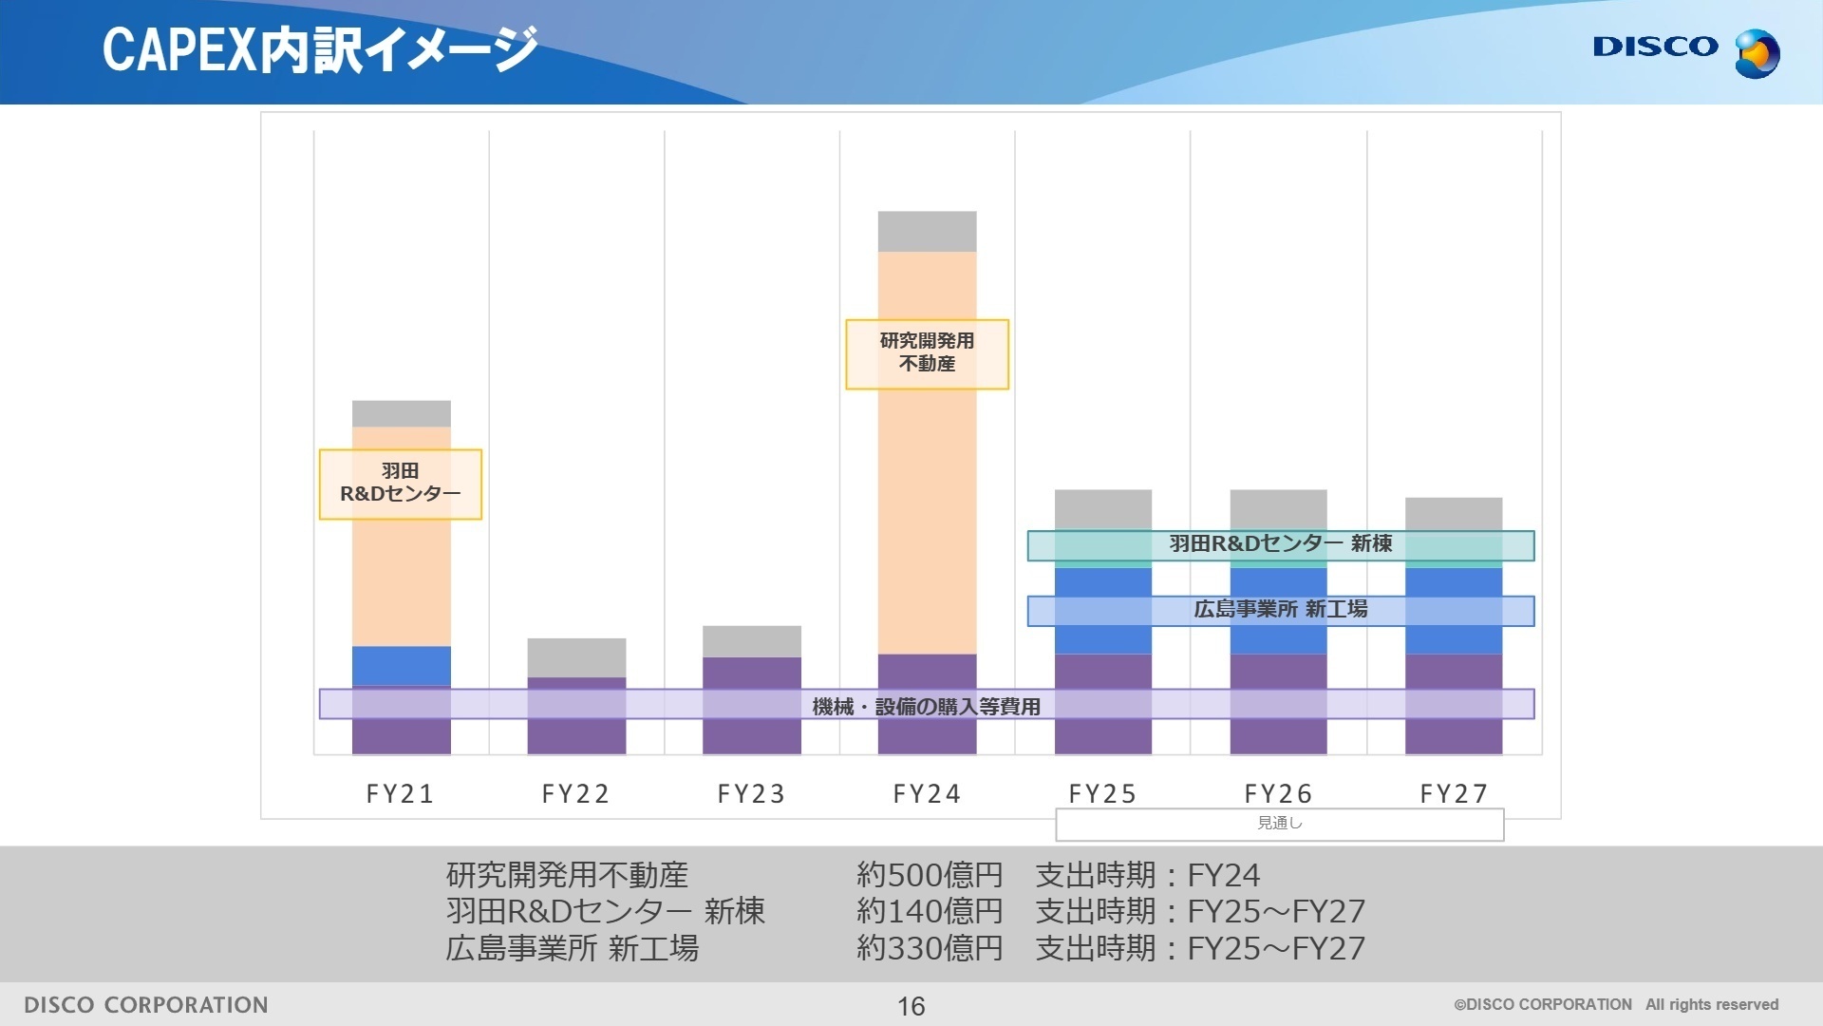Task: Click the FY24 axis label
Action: click(927, 793)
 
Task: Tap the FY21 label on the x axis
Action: click(400, 793)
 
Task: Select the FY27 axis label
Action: click(1454, 793)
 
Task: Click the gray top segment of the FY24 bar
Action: click(927, 231)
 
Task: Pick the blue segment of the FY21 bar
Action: click(401, 665)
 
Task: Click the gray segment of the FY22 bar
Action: click(576, 657)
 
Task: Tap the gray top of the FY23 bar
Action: click(751, 641)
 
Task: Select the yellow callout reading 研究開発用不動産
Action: click(927, 353)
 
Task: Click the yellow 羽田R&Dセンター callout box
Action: click(400, 484)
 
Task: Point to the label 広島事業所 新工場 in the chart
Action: click(1280, 610)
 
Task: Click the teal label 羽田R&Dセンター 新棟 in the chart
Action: click(1280, 544)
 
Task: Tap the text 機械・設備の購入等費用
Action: click(926, 706)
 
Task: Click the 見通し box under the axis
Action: click(1279, 824)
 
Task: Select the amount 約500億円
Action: click(929, 875)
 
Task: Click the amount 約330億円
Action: click(929, 948)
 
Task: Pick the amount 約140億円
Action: click(929, 911)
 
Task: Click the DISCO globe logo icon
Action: click(1756, 53)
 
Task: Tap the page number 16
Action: click(911, 1006)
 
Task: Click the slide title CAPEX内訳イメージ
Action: click(319, 49)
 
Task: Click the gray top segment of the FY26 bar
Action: click(1278, 509)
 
